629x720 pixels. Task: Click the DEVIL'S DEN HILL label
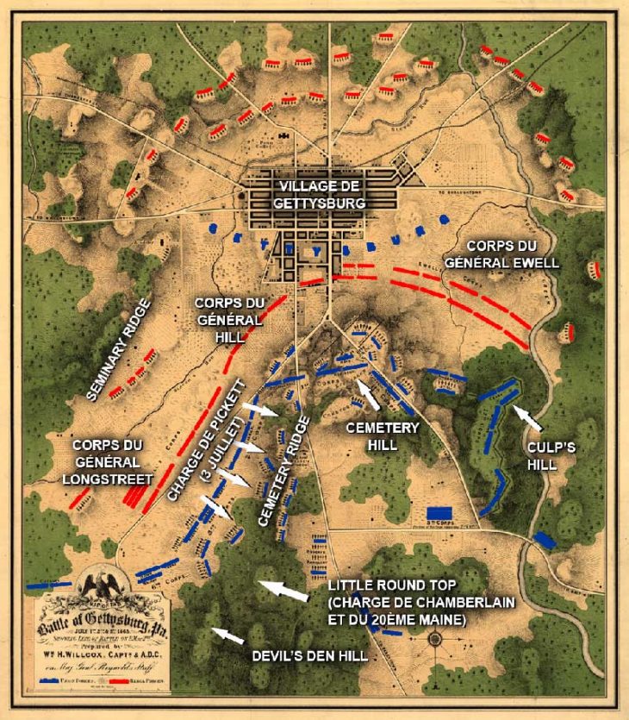coord(310,656)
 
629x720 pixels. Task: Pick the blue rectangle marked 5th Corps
coord(439,512)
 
